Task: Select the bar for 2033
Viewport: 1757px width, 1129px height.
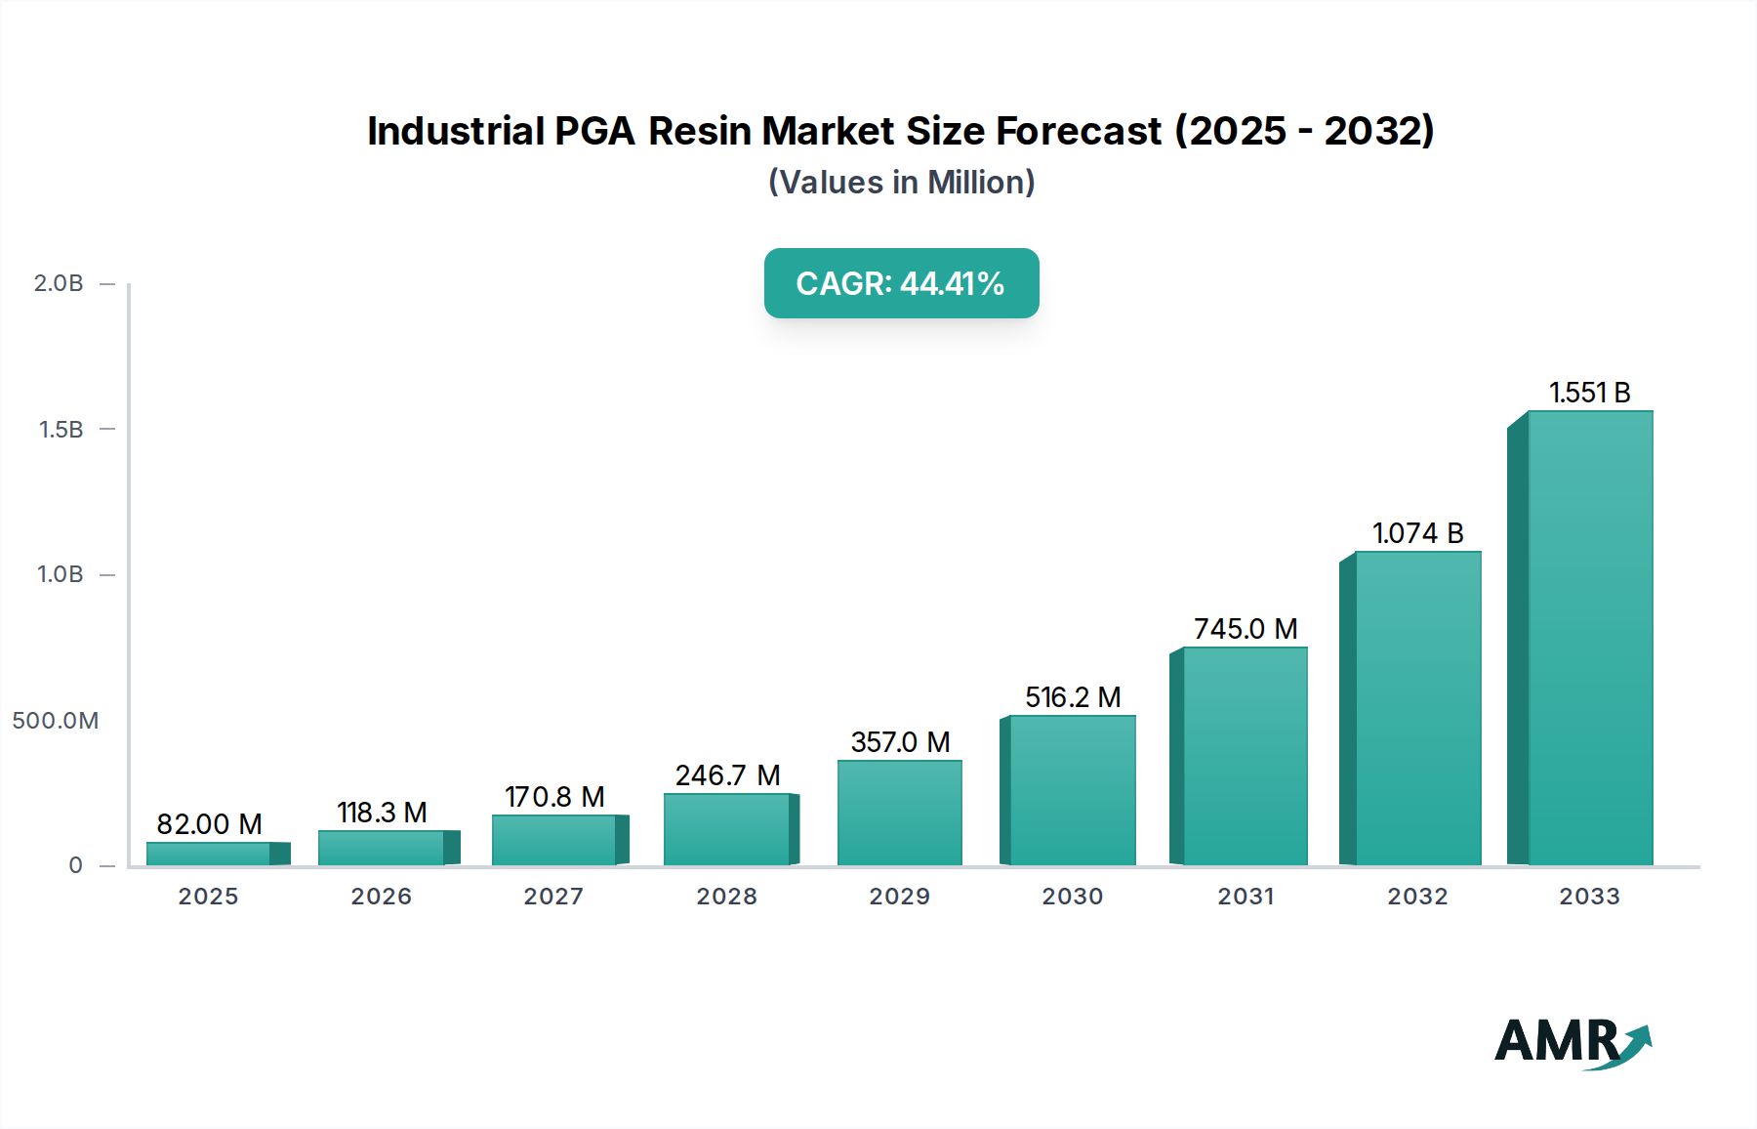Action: coord(1589,639)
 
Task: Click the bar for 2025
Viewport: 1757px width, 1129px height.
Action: coord(209,854)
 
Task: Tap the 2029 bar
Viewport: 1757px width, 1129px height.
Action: coord(899,813)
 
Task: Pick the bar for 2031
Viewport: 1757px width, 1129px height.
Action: coord(1245,756)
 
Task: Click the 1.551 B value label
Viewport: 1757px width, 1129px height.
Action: coord(1589,393)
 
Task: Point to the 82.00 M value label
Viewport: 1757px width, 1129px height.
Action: coord(209,824)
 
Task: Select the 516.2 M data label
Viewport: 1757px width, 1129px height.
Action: coord(1072,697)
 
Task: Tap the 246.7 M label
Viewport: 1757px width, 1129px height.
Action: coord(727,775)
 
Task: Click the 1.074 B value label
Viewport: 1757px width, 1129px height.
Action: coord(1417,533)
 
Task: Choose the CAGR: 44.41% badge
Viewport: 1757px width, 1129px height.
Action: coord(901,283)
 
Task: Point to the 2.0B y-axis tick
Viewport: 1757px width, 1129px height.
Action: coord(59,283)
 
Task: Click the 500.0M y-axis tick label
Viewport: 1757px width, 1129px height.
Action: coord(56,721)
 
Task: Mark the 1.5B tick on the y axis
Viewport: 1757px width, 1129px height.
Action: coord(61,430)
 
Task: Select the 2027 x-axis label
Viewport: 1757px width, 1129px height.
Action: coord(553,897)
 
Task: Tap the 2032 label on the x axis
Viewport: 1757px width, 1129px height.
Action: coord(1417,897)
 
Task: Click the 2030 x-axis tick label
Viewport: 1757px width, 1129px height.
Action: coord(1072,897)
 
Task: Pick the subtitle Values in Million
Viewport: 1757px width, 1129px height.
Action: coord(901,183)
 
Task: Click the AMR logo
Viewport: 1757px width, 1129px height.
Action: coord(1572,1042)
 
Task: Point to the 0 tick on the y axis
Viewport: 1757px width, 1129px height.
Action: coord(75,865)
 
